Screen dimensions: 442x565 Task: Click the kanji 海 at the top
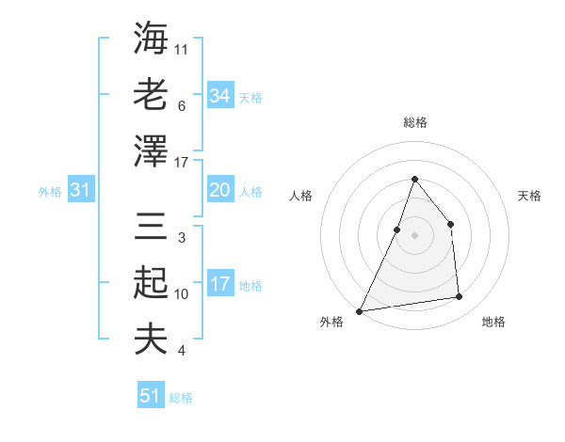pyautogui.click(x=151, y=39)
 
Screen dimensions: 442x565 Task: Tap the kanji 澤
pyautogui.click(x=151, y=150)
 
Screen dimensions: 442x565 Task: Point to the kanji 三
pyautogui.click(x=151, y=229)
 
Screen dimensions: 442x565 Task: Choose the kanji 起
pyautogui.click(x=151, y=284)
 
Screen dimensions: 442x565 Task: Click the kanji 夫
pyautogui.click(x=151, y=339)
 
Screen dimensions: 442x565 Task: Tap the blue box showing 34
pyautogui.click(x=219, y=95)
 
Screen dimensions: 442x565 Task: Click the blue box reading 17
pyautogui.click(x=219, y=284)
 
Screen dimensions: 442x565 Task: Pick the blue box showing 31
pyautogui.click(x=81, y=191)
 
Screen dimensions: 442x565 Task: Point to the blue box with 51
pyautogui.click(x=151, y=396)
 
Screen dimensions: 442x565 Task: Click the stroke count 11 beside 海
pyautogui.click(x=182, y=49)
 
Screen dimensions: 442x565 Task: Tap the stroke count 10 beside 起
pyautogui.click(x=182, y=294)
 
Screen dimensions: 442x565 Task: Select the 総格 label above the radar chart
pyautogui.click(x=414, y=122)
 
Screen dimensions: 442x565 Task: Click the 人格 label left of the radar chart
pyautogui.click(x=301, y=196)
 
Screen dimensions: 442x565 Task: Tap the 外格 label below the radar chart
pyautogui.click(x=331, y=322)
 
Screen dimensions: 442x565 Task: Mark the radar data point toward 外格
pyautogui.click(x=360, y=310)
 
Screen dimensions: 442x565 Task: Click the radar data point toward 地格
pyautogui.click(x=460, y=297)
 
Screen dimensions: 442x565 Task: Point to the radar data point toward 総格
pyautogui.click(x=414, y=179)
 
